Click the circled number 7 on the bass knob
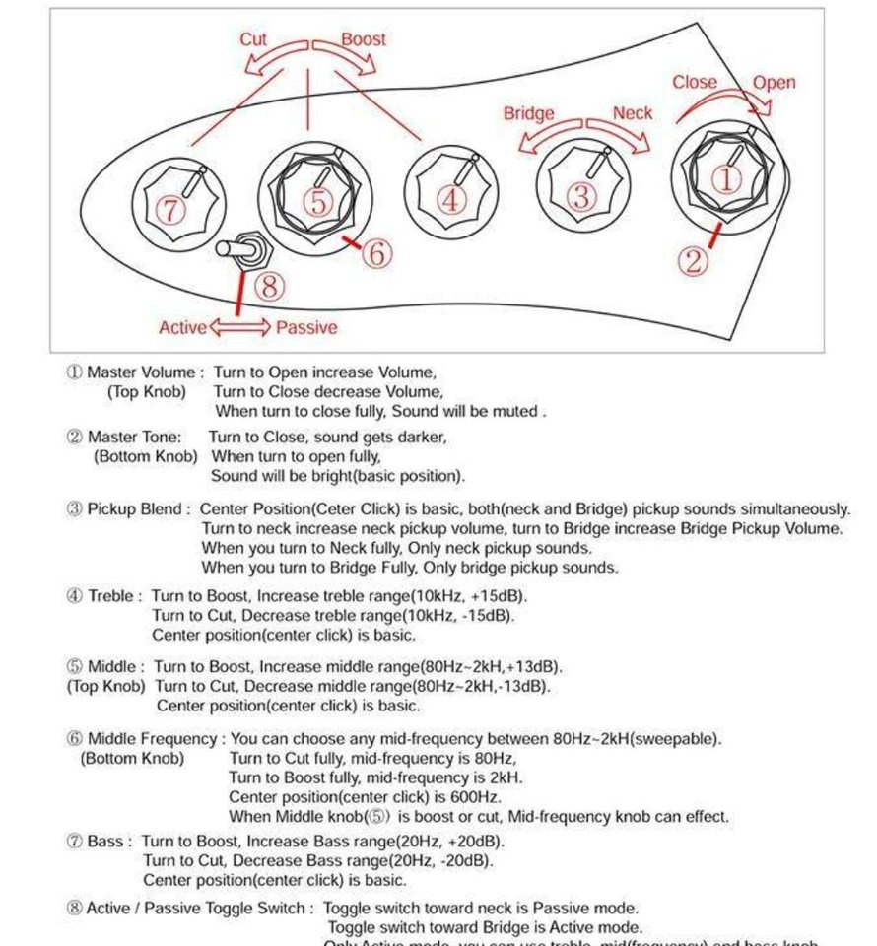(x=170, y=209)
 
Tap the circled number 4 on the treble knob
(x=450, y=200)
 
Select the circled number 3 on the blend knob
(x=581, y=197)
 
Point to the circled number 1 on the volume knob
(x=725, y=179)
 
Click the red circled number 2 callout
(x=694, y=260)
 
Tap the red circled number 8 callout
(x=270, y=287)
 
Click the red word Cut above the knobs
(x=253, y=39)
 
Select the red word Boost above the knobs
(x=363, y=39)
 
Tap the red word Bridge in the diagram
(x=528, y=113)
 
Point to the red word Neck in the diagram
(x=632, y=113)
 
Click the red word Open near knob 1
(x=774, y=83)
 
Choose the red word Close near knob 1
(x=695, y=83)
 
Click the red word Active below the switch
(x=182, y=327)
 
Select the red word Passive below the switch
(x=306, y=327)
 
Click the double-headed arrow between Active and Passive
(x=239, y=327)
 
